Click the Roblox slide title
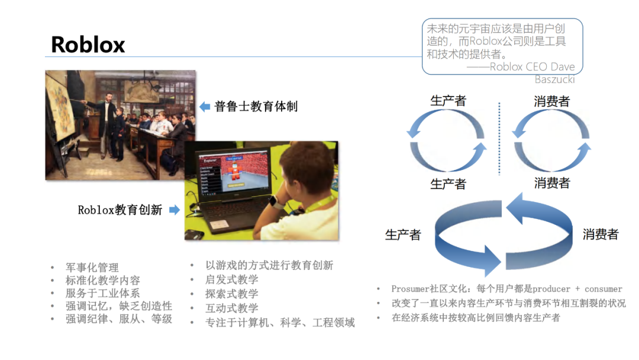click(88, 44)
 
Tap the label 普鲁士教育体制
click(256, 107)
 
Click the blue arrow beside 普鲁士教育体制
click(205, 107)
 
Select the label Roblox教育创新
click(120, 210)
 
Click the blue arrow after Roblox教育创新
click(174, 210)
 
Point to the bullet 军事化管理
click(92, 268)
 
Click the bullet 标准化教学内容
click(102, 281)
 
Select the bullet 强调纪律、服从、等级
click(118, 319)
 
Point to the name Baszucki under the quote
click(554, 79)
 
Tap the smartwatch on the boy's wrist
click(274, 202)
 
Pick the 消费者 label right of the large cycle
click(600, 234)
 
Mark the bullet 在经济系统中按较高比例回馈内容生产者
click(476, 317)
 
